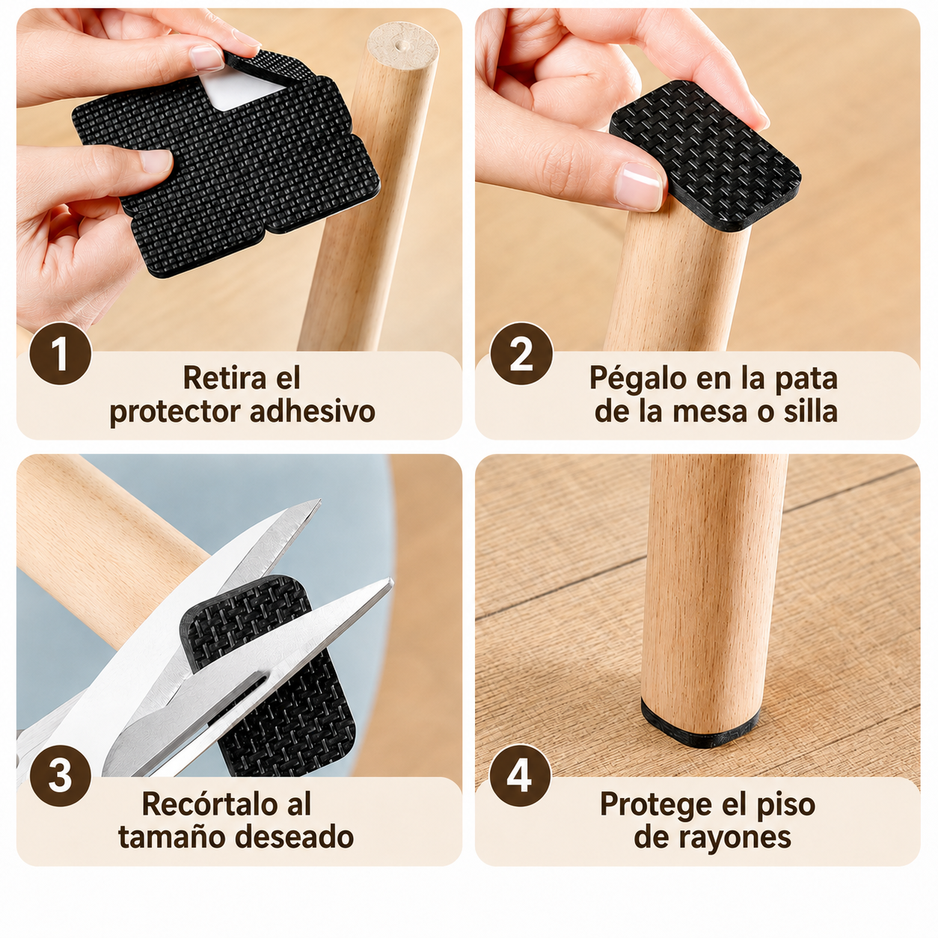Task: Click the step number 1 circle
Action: pyautogui.click(x=61, y=353)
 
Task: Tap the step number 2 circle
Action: pyautogui.click(x=521, y=353)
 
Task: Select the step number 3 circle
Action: pyautogui.click(x=61, y=776)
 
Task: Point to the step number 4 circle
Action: pyautogui.click(x=521, y=776)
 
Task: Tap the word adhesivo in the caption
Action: pyautogui.click(x=312, y=411)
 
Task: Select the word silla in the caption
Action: pyautogui.click(x=811, y=411)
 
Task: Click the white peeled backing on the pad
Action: pyautogui.click(x=242, y=90)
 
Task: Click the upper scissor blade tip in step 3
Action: pyautogui.click(x=319, y=500)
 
